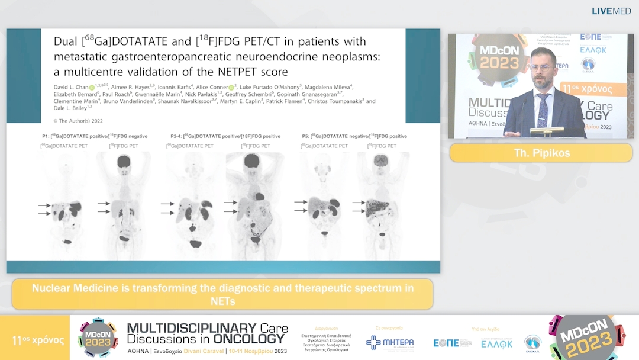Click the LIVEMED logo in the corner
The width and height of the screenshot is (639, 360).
point(611,11)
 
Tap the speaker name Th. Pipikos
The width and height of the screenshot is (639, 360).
point(541,152)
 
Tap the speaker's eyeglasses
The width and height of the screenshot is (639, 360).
point(540,67)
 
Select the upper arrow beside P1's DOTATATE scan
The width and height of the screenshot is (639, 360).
point(43,205)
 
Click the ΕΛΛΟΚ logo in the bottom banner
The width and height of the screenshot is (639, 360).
point(496,343)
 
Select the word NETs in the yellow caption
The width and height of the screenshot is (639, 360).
point(222,301)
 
